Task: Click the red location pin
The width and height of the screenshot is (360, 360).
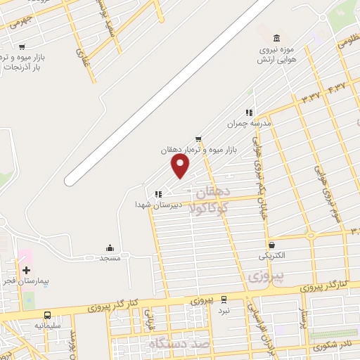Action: point(181,166)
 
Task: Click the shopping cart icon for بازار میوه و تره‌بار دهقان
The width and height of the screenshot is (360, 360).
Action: point(199,139)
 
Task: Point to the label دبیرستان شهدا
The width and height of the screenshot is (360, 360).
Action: point(159,205)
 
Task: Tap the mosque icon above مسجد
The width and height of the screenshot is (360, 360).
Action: point(110,247)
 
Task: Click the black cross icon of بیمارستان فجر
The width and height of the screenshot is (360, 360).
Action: point(27,270)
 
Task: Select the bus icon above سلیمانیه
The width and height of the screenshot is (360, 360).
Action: point(48,316)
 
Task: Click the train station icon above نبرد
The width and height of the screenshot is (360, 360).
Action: point(224,300)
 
